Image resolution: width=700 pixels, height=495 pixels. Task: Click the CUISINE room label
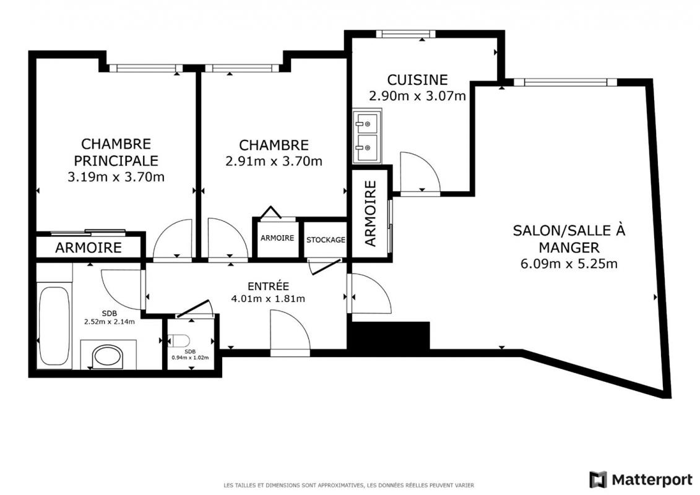pos(417,80)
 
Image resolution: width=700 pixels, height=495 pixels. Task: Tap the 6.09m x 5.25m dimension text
pos(569,264)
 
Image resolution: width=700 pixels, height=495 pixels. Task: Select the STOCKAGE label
pos(326,239)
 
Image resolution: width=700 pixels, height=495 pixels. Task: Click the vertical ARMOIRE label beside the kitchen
pos(371,213)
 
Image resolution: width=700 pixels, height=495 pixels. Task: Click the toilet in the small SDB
pos(179,341)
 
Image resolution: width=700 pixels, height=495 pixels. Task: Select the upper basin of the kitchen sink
pos(366,124)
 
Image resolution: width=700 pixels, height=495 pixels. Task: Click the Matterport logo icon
pos(598,480)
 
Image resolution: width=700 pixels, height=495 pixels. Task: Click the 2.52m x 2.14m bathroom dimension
pos(110,321)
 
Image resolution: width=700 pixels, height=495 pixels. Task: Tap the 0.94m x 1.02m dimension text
pos(190,358)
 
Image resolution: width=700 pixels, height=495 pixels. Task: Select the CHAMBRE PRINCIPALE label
pos(116,152)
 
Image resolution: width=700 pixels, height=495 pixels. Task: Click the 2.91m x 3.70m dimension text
pos(274,161)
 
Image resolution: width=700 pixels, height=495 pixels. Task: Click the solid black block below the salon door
pos(391,336)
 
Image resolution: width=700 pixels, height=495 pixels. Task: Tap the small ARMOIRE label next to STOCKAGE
pos(277,238)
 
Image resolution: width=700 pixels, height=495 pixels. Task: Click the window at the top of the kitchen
pos(406,34)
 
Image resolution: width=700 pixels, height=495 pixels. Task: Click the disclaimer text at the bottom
pos(348,485)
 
